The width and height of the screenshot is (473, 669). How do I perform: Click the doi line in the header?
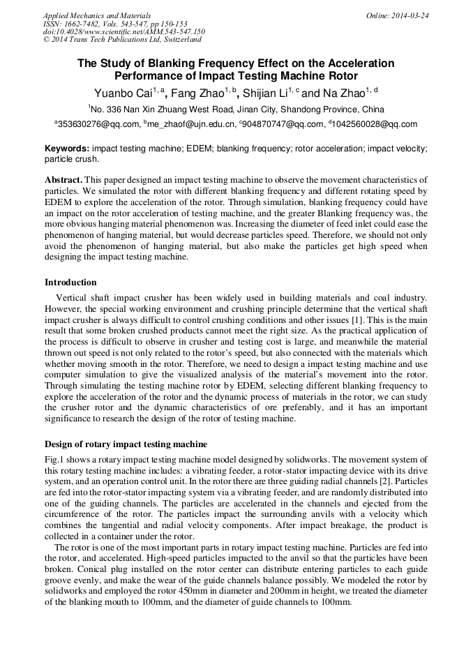point(123,31)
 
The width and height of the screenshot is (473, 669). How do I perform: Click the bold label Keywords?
point(67,149)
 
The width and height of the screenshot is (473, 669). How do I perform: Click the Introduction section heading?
point(70,283)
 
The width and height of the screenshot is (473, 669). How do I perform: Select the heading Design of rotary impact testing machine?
point(126,444)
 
